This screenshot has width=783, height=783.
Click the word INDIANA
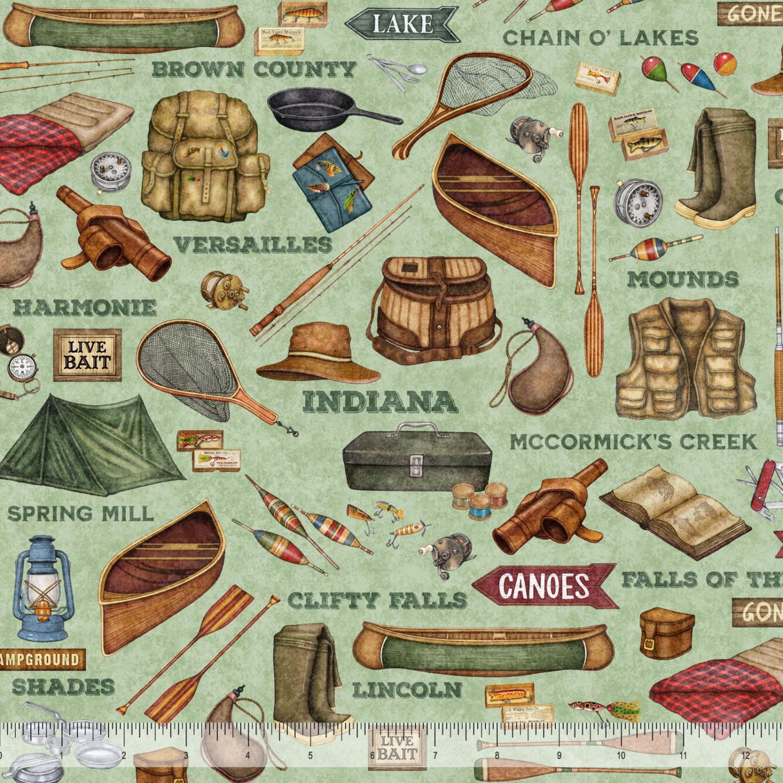pyautogui.click(x=380, y=401)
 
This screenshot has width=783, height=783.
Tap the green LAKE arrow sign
pyautogui.click(x=401, y=24)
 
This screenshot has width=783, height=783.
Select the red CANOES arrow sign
pyautogui.click(x=544, y=586)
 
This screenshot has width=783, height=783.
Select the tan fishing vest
pyautogui.click(x=685, y=359)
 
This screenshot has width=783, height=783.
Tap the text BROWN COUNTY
pyautogui.click(x=253, y=69)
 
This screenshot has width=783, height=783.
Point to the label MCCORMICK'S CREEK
pyautogui.click(x=633, y=442)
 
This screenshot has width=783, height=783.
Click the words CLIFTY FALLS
pyautogui.click(x=377, y=600)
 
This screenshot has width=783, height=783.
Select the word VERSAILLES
pyautogui.click(x=252, y=245)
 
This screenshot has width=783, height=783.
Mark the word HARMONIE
pyautogui.click(x=84, y=308)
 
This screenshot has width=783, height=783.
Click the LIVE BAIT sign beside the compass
pyautogui.click(x=87, y=355)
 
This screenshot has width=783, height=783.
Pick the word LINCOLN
pyautogui.click(x=407, y=689)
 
